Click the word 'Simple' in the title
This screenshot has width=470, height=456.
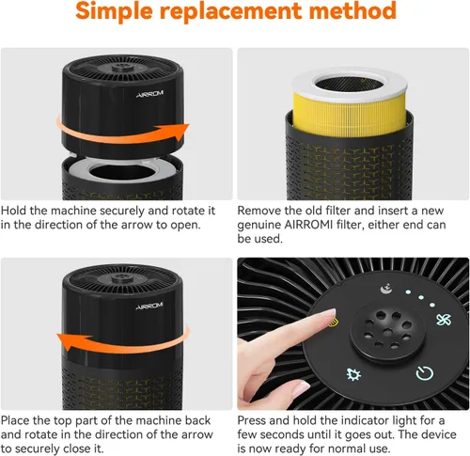point(114,10)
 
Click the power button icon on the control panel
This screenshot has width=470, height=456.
point(425,373)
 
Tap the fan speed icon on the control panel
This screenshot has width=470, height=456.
point(444,320)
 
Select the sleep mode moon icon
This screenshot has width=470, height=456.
point(386,289)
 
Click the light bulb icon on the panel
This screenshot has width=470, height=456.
point(353,374)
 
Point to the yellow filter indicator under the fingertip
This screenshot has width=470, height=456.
point(334,322)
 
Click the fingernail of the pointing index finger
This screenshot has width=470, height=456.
point(331,313)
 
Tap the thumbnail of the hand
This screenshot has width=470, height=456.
point(300,388)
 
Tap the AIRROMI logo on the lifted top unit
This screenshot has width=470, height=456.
point(150,94)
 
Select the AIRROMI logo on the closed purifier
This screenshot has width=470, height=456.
point(149,306)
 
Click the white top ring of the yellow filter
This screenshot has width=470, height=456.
point(350,83)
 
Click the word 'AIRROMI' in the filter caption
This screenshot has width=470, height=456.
point(308,225)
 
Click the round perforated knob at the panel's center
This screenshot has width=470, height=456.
point(387,332)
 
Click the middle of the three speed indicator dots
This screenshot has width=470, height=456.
point(421,297)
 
